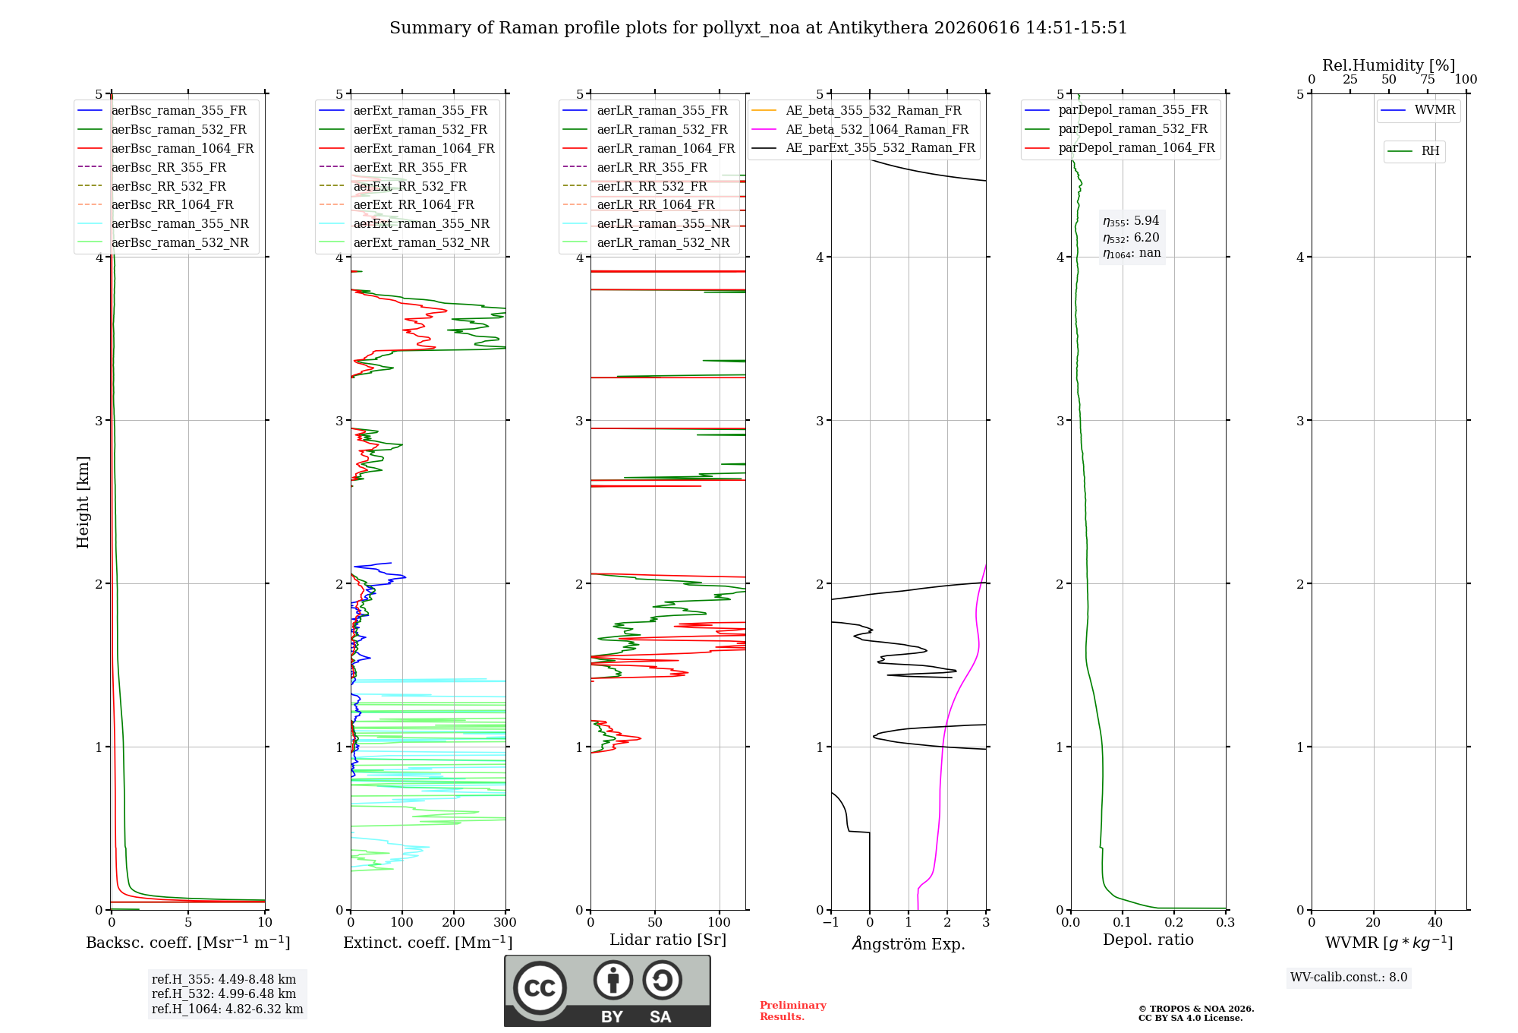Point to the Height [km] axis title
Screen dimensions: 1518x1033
[83, 502]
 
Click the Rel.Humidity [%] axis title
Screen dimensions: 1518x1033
[1388, 65]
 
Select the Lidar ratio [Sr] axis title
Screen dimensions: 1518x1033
[668, 940]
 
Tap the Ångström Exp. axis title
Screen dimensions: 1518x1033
[909, 943]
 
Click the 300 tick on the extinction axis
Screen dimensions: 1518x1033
[505, 922]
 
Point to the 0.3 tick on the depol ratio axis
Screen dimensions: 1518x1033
[1225, 922]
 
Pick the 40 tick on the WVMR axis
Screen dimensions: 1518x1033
[1435, 922]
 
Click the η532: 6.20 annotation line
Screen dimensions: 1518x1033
[1131, 238]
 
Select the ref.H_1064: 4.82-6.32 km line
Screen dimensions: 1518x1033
[228, 1009]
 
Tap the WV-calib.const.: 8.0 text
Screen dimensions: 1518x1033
[1349, 977]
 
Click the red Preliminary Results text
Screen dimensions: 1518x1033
[793, 1011]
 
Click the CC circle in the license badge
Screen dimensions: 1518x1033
[540, 987]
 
